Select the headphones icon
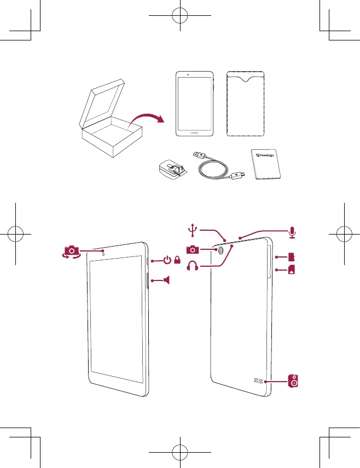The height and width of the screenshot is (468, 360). [193, 267]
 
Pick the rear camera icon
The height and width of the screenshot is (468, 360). [193, 250]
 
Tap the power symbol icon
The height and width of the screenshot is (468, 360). [167, 261]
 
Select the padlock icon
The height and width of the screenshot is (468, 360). [177, 261]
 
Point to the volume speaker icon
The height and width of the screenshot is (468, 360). [166, 280]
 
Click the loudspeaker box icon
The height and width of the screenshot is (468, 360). [294, 381]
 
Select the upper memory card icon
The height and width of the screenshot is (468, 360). [292, 256]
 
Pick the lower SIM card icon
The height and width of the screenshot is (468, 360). [292, 270]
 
